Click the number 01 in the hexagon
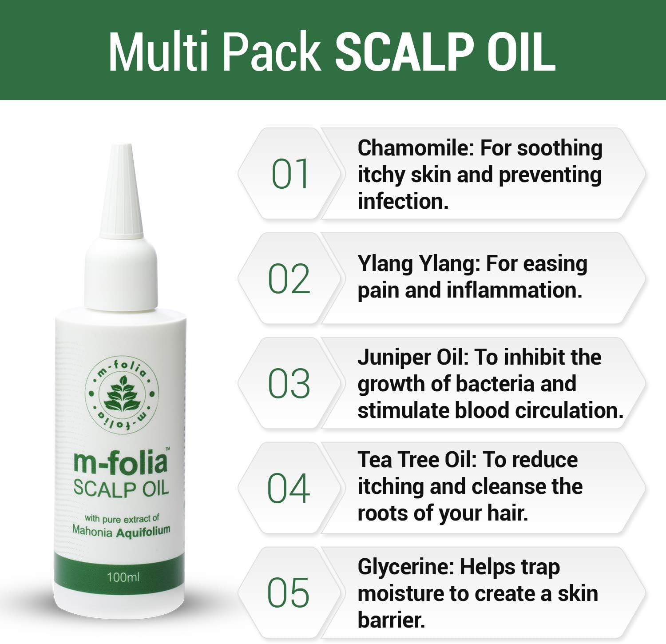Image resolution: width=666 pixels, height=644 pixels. pos(290,174)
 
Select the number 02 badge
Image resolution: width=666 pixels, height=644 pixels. pos(289,279)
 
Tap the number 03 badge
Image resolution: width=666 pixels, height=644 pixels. pos(289,384)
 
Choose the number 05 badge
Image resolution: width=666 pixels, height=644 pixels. pos(288,593)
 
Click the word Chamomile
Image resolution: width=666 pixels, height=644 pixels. pos(416,148)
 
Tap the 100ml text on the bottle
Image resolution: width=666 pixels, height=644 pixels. pos(123,577)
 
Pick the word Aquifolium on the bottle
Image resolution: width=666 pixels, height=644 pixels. pos(143,531)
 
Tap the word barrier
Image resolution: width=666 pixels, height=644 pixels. pos(391,620)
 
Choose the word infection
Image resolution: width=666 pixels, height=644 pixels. pos(403,202)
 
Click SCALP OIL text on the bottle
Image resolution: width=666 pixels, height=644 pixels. pos(121,489)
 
